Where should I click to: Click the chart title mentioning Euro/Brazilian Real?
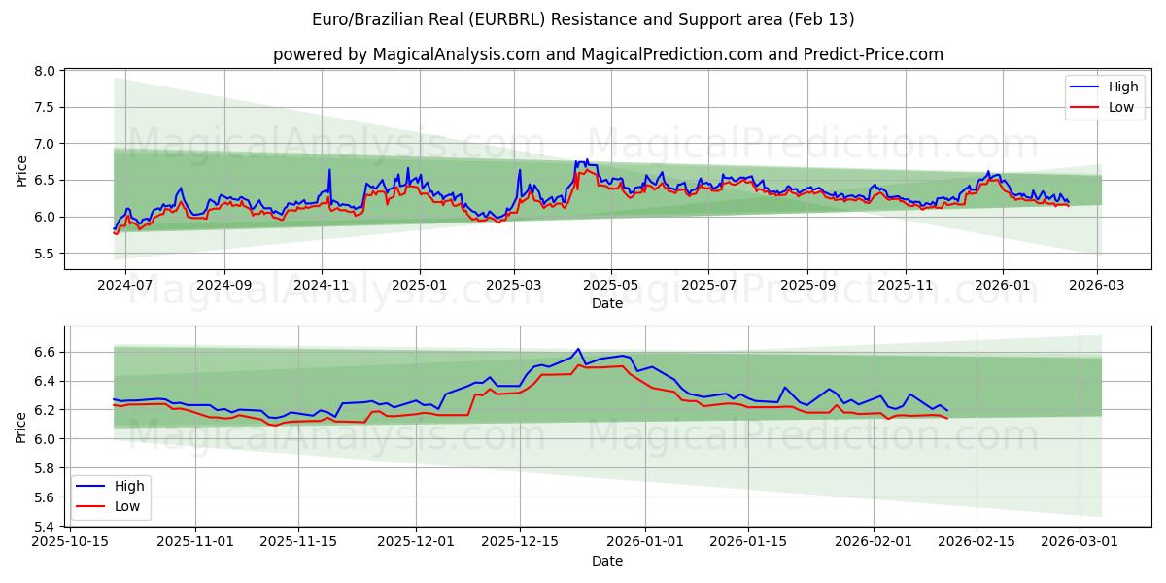pos(583,19)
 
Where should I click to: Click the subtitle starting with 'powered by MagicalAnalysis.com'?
pos(607,54)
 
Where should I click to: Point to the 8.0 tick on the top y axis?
pos(45,71)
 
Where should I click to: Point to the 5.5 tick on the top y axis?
pos(45,254)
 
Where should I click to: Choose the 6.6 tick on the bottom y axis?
pos(45,352)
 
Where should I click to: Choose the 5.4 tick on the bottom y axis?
pos(45,527)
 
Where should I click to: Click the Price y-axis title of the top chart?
pos(21,170)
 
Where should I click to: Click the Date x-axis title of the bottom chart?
pos(607,561)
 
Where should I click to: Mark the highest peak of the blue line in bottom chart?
pos(578,349)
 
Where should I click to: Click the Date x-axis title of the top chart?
pos(607,303)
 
